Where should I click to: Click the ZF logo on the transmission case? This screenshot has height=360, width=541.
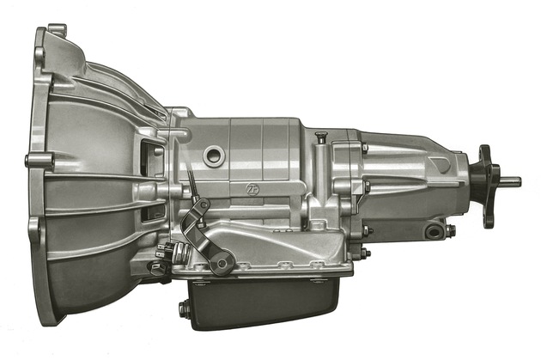point(251,188)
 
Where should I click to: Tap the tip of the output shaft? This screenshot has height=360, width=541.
point(520,181)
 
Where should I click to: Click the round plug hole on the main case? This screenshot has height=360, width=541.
point(215,156)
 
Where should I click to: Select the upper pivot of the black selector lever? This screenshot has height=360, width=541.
point(204,205)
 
